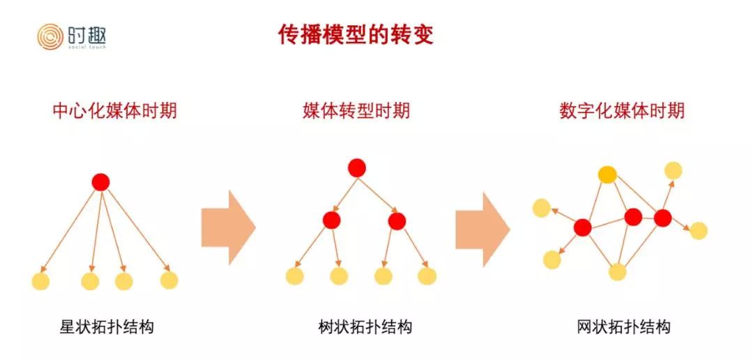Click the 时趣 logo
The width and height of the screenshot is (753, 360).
(72, 37)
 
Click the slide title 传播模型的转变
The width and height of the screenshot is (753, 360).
(356, 35)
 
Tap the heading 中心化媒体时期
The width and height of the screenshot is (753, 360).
(115, 110)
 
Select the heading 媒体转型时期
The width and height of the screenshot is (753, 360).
(356, 110)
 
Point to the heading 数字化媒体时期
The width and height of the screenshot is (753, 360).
(622, 110)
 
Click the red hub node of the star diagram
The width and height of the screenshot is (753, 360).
(101, 182)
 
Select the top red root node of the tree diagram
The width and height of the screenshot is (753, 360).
(357, 167)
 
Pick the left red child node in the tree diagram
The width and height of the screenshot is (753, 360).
(331, 220)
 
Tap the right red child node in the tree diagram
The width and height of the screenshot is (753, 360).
(397, 220)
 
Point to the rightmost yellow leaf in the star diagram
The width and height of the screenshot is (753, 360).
(169, 280)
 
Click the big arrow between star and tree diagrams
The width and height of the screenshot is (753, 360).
(229, 227)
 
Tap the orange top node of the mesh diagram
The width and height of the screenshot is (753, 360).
(607, 174)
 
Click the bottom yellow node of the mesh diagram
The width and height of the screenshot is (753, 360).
(618, 271)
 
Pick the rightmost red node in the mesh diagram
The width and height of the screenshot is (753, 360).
(663, 218)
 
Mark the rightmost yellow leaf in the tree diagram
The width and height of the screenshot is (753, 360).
(427, 276)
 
